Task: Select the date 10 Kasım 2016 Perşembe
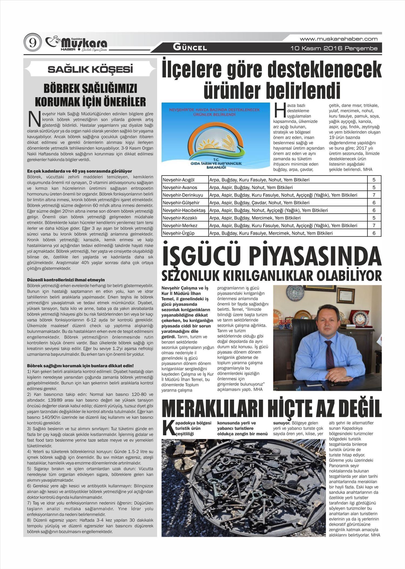click(334, 49)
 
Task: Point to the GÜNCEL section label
click(190, 48)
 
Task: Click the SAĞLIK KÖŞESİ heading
click(90, 70)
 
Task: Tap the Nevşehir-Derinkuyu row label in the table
click(183, 195)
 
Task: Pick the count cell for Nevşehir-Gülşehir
click(374, 202)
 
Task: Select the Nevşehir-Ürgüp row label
click(179, 233)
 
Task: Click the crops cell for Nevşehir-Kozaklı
click(255, 218)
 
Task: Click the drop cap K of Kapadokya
click(167, 428)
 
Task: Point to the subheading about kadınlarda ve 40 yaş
click(80, 171)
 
